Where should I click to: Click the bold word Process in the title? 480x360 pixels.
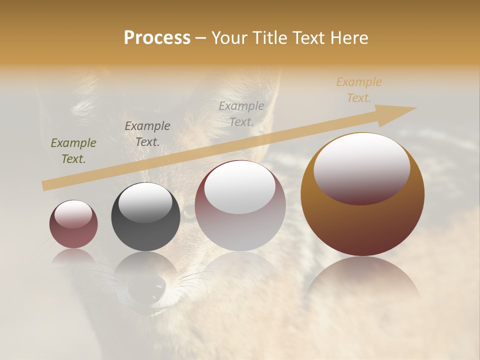coord(157,38)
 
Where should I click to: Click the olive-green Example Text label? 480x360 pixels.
coord(73,151)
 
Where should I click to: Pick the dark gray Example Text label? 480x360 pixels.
coord(147,133)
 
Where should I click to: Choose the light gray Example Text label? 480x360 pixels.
coord(241,113)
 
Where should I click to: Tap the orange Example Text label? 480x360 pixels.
coord(359,90)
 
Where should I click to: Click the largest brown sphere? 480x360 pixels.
coord(362,220)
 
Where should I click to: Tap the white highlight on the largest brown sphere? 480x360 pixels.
coord(361,167)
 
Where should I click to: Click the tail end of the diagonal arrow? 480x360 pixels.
coord(45,186)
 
